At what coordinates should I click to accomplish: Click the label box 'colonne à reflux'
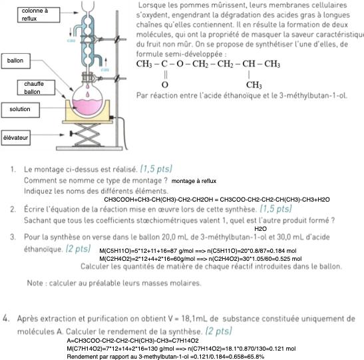tap(39, 15)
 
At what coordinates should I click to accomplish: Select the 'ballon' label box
tap(16, 61)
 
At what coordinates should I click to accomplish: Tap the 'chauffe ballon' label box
tap(36, 88)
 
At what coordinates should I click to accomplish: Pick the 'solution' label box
tap(21, 110)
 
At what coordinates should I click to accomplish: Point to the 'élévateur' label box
tap(16, 138)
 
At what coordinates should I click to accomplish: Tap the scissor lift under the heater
tap(87, 134)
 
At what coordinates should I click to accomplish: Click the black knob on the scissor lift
tap(72, 134)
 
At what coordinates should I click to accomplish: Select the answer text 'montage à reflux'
tap(194, 181)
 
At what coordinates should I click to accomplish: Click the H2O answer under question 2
tap(260, 229)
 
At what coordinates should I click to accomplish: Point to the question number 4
tap(6, 318)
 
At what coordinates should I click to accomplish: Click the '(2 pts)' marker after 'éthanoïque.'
tap(78, 249)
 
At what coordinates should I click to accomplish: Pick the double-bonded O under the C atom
tap(165, 85)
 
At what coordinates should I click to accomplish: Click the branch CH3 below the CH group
tap(254, 85)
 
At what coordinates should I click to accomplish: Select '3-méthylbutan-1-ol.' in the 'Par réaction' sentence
tap(313, 96)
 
